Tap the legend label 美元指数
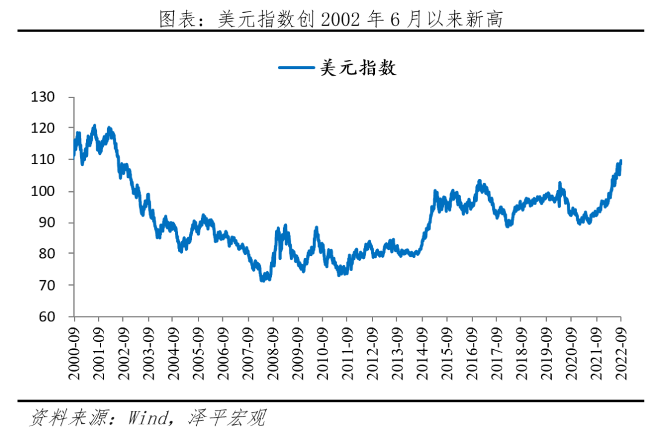[357, 68]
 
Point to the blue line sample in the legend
[297, 68]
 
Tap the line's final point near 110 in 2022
[620, 162]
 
